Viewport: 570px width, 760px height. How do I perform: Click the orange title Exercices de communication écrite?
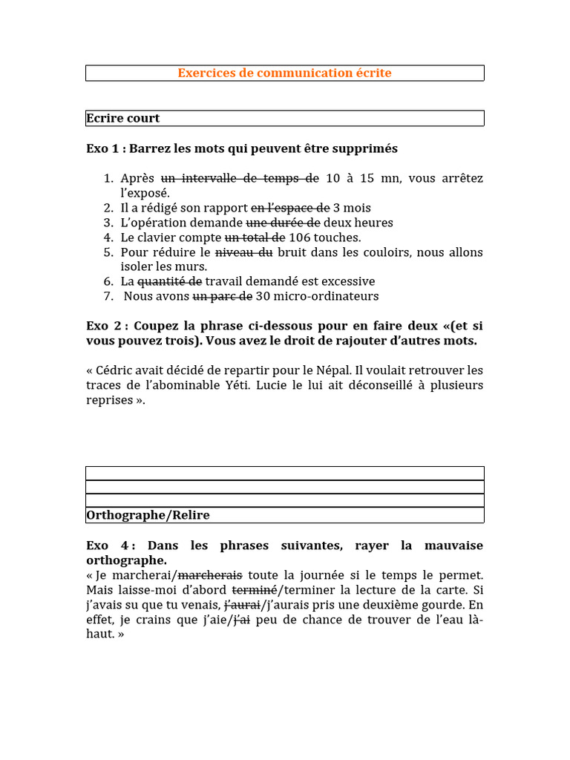pyautogui.click(x=284, y=73)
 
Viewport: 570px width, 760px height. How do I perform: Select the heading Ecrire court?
pyautogui.click(x=123, y=118)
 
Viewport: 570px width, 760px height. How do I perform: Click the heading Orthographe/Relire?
pyautogui.click(x=148, y=515)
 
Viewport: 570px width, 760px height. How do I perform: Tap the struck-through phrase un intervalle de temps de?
pyautogui.click(x=240, y=178)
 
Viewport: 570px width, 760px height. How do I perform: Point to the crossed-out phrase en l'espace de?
pyautogui.click(x=290, y=208)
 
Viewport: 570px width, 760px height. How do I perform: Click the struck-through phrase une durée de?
pyautogui.click(x=284, y=223)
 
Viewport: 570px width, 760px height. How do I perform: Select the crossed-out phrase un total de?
pyautogui.click(x=255, y=237)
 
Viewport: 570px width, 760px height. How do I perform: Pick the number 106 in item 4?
pyautogui.click(x=299, y=237)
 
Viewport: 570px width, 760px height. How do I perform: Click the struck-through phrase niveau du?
pyautogui.click(x=244, y=252)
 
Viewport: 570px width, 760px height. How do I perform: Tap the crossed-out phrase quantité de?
pyautogui.click(x=170, y=282)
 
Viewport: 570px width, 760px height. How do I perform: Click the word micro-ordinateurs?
pyautogui.click(x=327, y=297)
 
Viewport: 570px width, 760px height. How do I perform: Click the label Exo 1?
pyautogui.click(x=102, y=148)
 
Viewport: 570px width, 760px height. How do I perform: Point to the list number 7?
pyautogui.click(x=108, y=297)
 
